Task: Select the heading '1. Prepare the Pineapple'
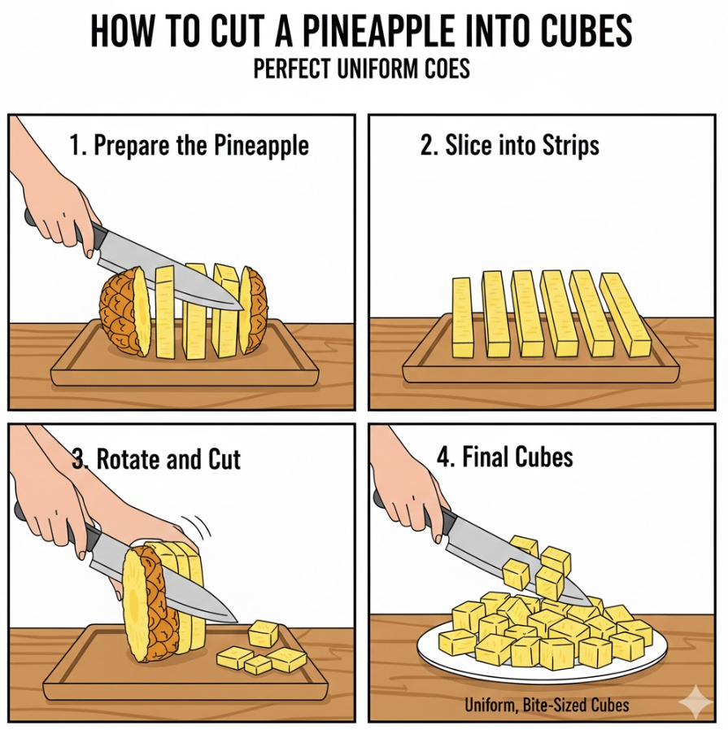pos(190,145)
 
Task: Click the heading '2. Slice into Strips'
pos(510,145)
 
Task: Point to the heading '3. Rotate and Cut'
pos(157,460)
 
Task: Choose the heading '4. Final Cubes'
pos(504,457)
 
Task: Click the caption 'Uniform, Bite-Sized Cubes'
pos(547,706)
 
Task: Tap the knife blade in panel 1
pos(172,275)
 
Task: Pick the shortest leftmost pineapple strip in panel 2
pos(461,317)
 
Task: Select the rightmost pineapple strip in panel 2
pos(626,314)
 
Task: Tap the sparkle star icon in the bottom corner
pos(696,702)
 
